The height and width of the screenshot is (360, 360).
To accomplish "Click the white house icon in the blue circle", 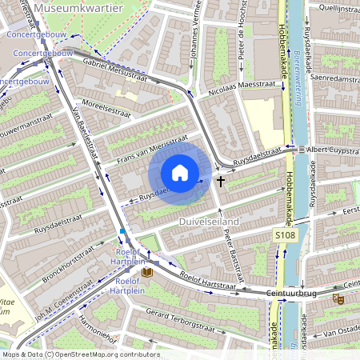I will (180, 173).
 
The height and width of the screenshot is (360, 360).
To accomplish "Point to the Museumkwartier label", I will (88, 9).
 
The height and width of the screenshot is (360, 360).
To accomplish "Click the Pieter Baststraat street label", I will (231, 250).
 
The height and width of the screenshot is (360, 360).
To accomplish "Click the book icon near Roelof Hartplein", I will (146, 273).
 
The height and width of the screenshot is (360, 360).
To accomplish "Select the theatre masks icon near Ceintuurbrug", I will (338, 298).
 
